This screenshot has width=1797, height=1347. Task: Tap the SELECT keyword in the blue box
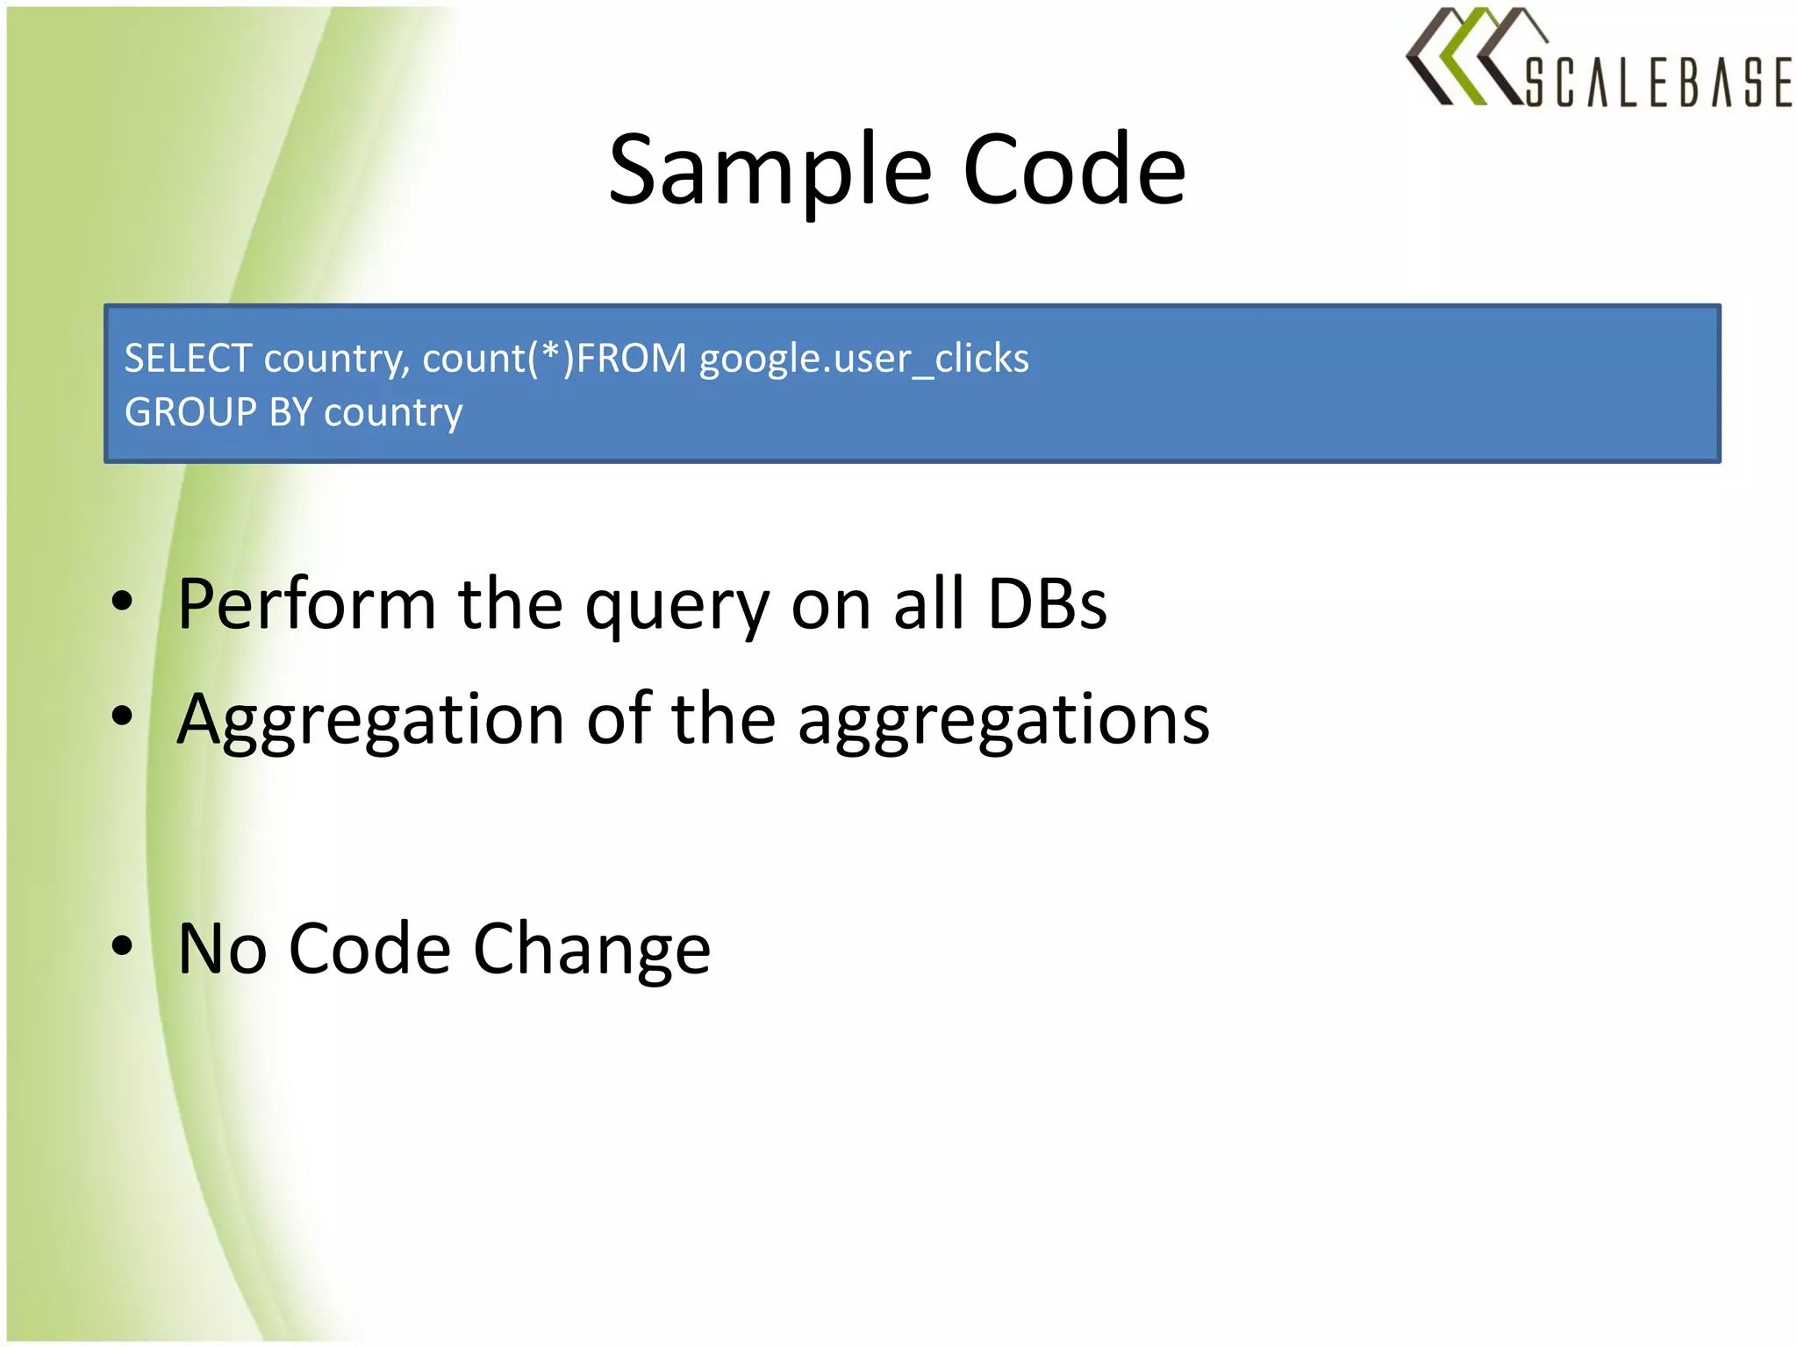[188, 359]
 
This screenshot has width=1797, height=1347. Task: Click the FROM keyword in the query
[631, 359]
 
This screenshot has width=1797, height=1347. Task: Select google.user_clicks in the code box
[863, 359]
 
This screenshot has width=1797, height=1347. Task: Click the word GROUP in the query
[190, 412]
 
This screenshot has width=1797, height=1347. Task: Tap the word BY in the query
[290, 412]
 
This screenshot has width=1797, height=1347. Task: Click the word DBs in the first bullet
[1047, 604]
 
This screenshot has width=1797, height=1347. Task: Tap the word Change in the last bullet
[591, 950]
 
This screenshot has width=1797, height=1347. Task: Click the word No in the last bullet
[222, 949]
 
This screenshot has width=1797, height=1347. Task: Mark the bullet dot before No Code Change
[122, 945]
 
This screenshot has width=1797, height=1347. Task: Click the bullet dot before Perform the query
[122, 601]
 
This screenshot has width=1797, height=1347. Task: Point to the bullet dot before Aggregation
[122, 716]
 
